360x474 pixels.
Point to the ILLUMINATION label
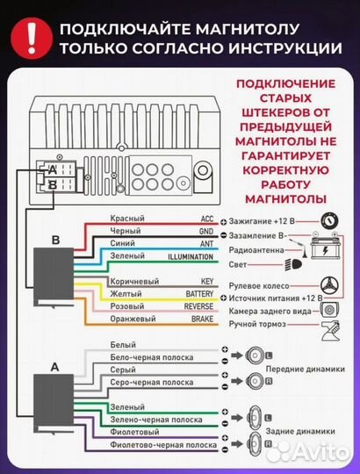pyautogui.click(x=190, y=256)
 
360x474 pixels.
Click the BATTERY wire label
pyautogui.click(x=198, y=295)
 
